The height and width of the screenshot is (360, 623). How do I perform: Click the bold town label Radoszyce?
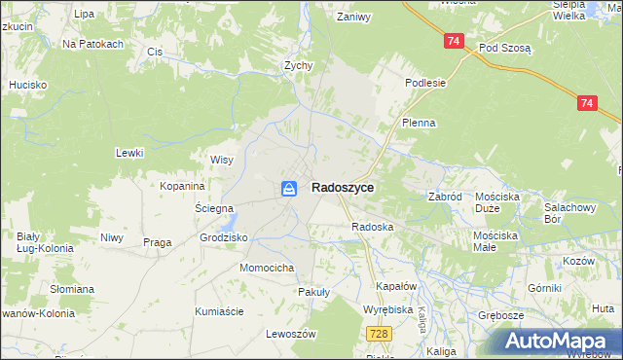point(343,189)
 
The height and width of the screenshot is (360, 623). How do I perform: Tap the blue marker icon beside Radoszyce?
point(290,189)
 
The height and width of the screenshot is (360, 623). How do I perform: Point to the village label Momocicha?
point(267,268)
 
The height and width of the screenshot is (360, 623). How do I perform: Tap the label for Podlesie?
point(425,83)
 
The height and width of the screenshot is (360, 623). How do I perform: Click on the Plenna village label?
point(419,124)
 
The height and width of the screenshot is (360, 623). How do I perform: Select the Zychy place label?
point(297,66)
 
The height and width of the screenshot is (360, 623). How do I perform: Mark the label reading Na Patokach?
point(92,45)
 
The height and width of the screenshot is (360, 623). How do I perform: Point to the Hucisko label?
point(28,85)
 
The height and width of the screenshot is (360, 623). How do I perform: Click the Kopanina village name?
point(183,186)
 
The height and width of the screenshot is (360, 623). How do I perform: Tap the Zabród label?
point(445,196)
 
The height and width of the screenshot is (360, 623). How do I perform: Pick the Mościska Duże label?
point(497,202)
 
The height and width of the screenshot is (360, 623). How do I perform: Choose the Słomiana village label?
point(73,289)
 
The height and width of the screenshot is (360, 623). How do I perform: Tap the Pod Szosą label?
point(504,48)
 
